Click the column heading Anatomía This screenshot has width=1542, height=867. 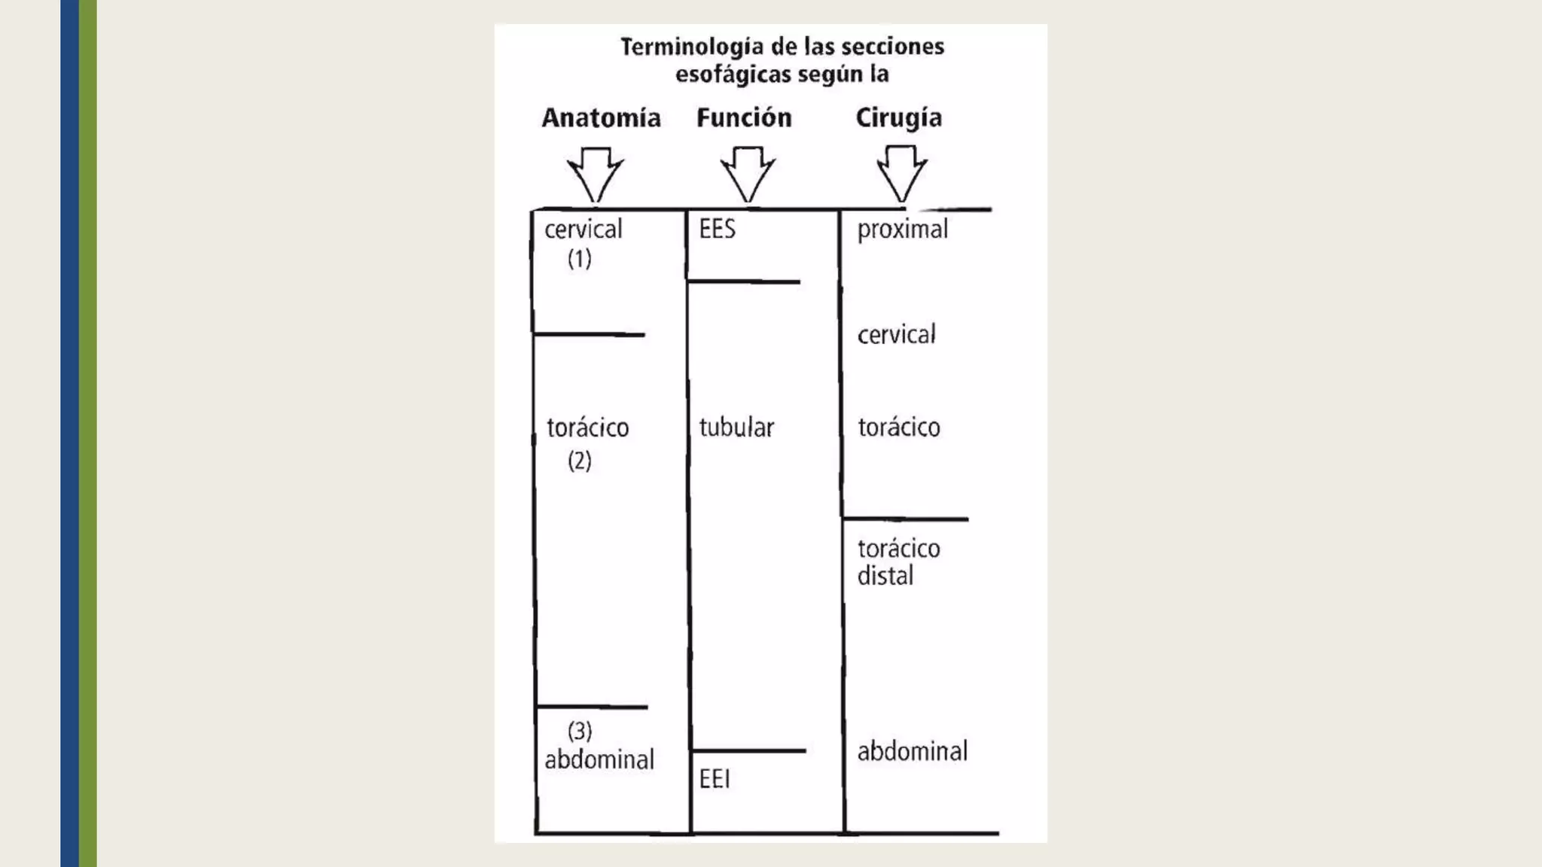point(601,118)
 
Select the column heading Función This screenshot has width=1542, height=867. point(744,118)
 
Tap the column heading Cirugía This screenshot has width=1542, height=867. point(898,119)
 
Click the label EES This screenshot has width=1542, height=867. point(717,229)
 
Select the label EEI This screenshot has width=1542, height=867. point(715,779)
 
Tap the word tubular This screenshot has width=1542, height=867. point(736,427)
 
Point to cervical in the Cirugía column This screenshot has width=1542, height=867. point(896,335)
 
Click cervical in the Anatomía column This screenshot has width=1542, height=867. point(584,230)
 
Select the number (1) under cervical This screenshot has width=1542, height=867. point(580,259)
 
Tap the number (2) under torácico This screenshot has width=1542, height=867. point(580,461)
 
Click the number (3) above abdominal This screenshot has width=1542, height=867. point(580,731)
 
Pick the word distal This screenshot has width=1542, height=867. point(885,576)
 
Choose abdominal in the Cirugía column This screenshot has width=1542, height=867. point(913,751)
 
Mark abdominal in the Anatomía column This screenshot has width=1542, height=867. point(599,759)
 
